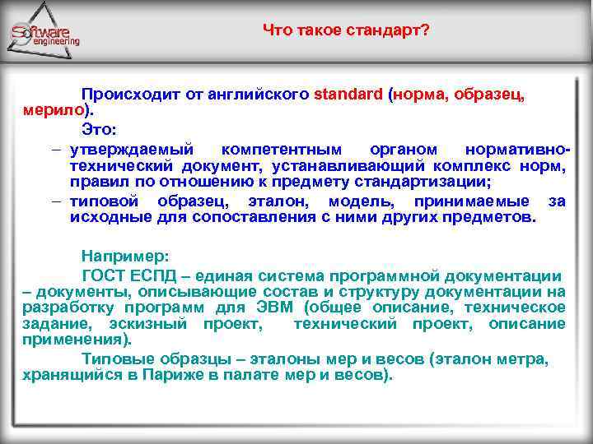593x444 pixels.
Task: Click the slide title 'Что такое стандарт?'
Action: pos(345,30)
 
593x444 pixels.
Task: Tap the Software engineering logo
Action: pos(46,34)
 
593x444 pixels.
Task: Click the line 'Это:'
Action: pos(99,129)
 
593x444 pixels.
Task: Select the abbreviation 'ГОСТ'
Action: pos(103,275)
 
